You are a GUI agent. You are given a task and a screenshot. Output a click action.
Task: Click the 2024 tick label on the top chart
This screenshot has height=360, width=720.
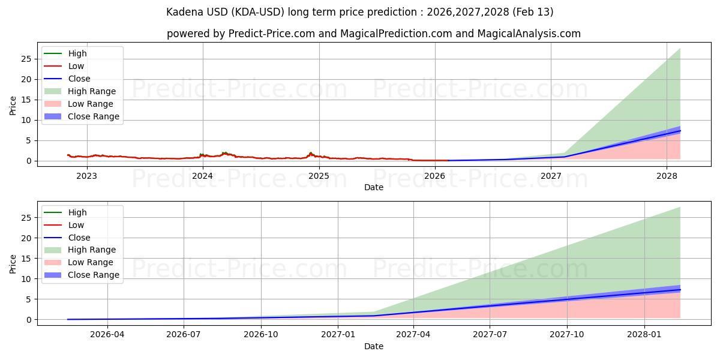coord(203,176)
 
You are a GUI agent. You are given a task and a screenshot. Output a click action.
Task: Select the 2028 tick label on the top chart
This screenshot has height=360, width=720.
coord(667,176)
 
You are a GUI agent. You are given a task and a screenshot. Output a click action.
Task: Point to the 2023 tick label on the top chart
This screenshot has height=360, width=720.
coord(86,176)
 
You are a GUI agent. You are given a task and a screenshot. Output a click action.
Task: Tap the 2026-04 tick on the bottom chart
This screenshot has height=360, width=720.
coord(107,335)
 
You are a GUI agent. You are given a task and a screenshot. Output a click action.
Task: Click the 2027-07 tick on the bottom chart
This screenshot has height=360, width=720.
coord(490,335)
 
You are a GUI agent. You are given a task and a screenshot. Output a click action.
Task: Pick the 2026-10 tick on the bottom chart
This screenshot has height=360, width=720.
coord(261,335)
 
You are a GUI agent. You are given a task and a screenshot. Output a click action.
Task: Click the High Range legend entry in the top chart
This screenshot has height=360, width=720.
coord(92,91)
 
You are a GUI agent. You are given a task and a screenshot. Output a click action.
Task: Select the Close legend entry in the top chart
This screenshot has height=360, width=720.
coord(79,79)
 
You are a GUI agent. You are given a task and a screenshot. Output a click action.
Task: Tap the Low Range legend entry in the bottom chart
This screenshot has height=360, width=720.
coord(91,262)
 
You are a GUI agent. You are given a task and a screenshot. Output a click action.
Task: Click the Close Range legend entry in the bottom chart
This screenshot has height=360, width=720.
coord(94,275)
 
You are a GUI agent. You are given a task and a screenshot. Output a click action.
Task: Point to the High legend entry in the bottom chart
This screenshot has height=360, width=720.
coord(77,212)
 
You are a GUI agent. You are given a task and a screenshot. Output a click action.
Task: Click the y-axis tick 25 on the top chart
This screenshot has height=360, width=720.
coord(26,59)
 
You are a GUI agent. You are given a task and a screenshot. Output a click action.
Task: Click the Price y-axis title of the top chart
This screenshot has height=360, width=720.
coord(13,105)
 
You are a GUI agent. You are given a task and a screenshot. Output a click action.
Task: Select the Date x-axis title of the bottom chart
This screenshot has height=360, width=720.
coord(373,346)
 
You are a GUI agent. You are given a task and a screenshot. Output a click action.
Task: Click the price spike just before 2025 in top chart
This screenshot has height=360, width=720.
coord(310,153)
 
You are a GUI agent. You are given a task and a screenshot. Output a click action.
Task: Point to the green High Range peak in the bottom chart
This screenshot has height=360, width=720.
coord(679,208)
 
